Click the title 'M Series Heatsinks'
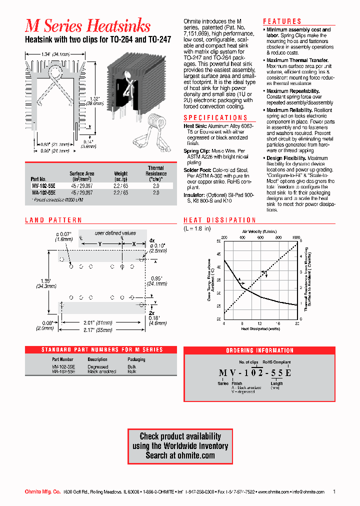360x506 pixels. coord(87,25)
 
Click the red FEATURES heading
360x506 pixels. coord(282,21)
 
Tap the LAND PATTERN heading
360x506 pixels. coord(53,220)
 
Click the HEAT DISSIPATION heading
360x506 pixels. coord(219,220)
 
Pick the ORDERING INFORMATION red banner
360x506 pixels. coord(259,350)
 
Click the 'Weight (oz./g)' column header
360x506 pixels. coord(121,176)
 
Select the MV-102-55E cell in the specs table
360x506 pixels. coord(43,185)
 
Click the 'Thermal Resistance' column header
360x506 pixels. coord(156,173)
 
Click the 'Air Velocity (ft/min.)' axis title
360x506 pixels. coord(260,232)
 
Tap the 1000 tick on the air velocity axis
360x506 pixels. coord(296,237)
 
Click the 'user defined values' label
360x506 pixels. coord(115,233)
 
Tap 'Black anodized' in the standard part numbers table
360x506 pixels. coord(101,371)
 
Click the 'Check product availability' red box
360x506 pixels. coord(180,445)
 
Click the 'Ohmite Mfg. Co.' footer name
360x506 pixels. coord(43,492)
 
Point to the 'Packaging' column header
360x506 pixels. coord(136,359)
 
